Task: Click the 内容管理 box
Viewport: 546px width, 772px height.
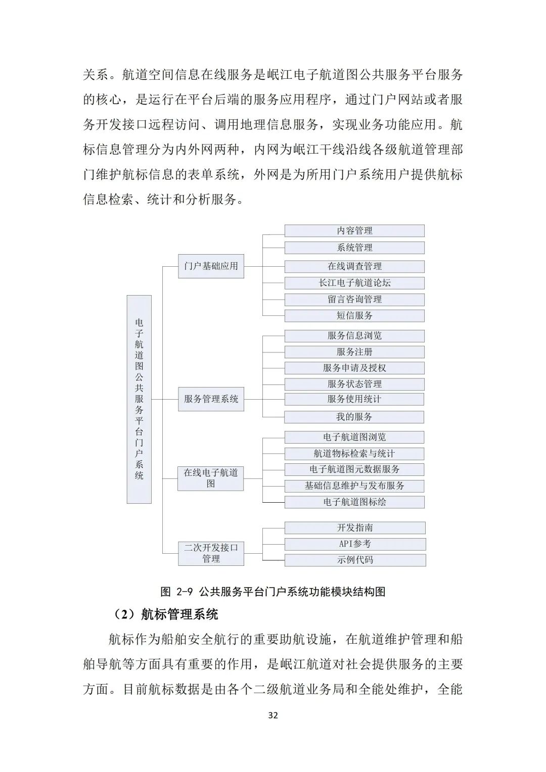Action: click(x=354, y=231)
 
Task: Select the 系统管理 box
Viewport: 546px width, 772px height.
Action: click(x=354, y=248)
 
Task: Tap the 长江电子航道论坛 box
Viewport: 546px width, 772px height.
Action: click(x=354, y=283)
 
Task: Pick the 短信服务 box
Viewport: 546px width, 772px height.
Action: click(x=354, y=316)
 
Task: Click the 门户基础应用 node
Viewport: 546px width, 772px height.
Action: click(x=211, y=266)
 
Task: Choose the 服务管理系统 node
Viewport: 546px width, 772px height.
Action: click(x=211, y=399)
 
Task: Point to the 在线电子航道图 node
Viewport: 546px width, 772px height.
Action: click(x=210, y=478)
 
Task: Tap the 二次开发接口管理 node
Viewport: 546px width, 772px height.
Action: click(x=211, y=553)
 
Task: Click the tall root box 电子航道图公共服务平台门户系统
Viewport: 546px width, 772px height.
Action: click(x=139, y=399)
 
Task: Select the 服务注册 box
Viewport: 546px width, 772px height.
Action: click(x=354, y=352)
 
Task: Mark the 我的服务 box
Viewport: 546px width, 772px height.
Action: click(x=354, y=417)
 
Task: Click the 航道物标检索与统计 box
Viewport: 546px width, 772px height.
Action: click(x=354, y=454)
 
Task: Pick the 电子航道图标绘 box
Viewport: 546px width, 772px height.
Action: click(x=354, y=502)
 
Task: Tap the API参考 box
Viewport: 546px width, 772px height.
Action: click(x=354, y=544)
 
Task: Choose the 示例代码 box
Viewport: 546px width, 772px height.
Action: click(x=354, y=560)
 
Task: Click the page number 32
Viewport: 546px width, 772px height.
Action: click(x=273, y=715)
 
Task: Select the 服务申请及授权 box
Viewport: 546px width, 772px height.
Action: click(x=354, y=368)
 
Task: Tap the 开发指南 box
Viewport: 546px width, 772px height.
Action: click(x=354, y=528)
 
